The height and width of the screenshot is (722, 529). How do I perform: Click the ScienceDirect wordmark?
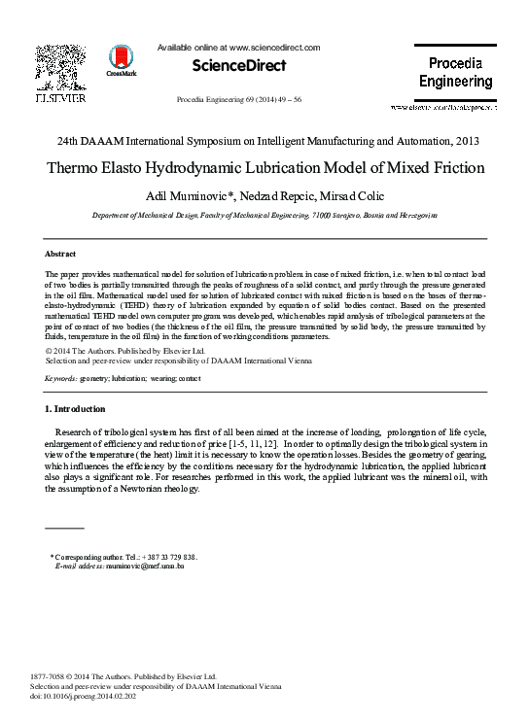[x=239, y=66]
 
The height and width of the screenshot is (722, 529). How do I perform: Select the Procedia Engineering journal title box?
[x=455, y=73]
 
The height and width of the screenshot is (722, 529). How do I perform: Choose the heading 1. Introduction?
[x=76, y=408]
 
